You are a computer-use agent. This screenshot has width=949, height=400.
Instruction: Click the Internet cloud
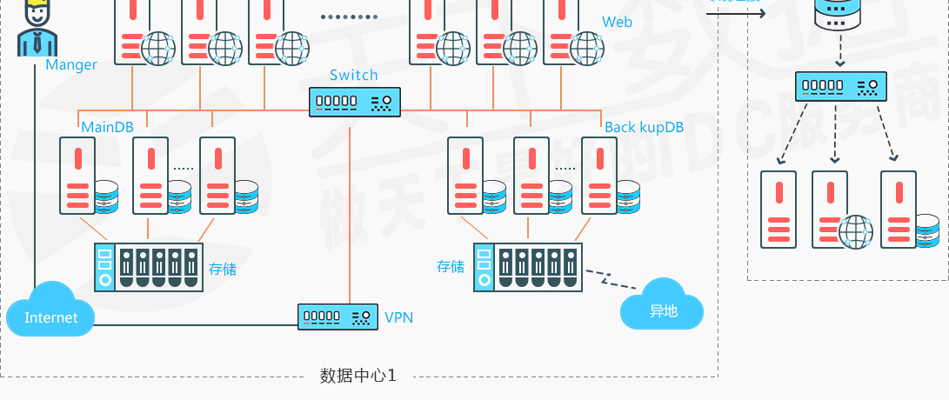[x=50, y=311]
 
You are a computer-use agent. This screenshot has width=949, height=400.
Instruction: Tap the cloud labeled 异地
[x=663, y=306]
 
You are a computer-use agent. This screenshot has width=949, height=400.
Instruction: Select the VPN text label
[x=398, y=317]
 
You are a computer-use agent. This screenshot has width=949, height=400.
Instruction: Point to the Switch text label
[x=354, y=75]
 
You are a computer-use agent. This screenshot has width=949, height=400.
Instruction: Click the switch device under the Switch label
[x=355, y=102]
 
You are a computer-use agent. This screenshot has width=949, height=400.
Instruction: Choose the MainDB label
[x=107, y=127]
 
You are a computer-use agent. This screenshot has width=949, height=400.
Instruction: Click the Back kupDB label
[x=645, y=127]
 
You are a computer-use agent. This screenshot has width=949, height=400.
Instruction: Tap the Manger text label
[x=71, y=64]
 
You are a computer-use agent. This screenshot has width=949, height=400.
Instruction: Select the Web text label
[x=617, y=22]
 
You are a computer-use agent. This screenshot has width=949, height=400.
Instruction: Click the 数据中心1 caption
[x=358, y=376]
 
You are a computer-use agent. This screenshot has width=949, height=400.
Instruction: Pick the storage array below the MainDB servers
[x=149, y=267]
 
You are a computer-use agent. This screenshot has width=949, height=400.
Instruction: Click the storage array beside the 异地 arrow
[x=527, y=267]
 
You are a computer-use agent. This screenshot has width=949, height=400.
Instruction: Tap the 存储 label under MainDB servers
[x=223, y=269]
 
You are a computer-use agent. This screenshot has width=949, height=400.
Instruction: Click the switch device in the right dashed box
[x=841, y=86]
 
